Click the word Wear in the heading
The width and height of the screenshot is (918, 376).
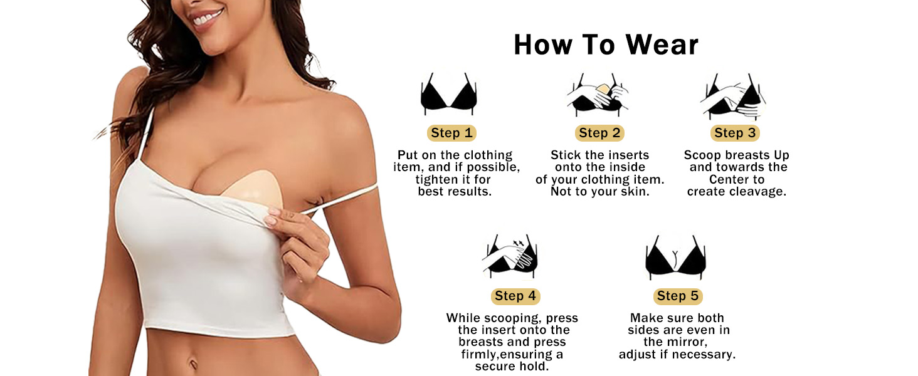tap(662, 44)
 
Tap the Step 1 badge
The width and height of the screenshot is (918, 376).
tap(451, 133)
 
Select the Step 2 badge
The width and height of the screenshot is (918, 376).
tap(599, 133)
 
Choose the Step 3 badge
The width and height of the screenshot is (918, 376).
tap(736, 133)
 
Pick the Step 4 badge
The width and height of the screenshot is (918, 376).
tap(515, 296)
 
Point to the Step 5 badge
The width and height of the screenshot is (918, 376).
tap(678, 296)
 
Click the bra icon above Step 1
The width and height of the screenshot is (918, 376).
tap(449, 94)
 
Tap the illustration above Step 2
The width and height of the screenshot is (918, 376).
tap(598, 95)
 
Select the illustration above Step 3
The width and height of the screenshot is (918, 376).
tap(733, 96)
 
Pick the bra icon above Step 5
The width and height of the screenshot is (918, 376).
tap(675, 257)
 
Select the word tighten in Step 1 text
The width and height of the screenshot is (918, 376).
tap(436, 180)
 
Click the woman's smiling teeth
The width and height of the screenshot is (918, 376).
tap(206, 18)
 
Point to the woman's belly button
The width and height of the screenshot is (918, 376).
tap(193, 364)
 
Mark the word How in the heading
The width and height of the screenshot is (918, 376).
tap(544, 44)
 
